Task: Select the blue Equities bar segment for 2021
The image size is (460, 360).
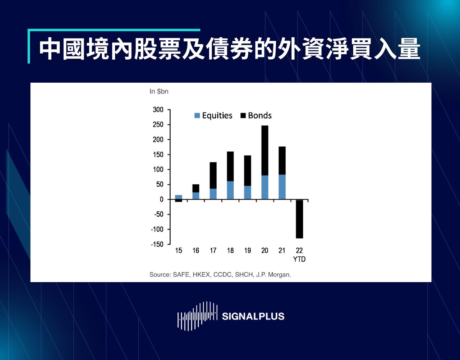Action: pos(282,187)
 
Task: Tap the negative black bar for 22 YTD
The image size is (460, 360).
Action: pos(299,219)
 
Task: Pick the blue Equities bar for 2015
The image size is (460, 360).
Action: pos(179,197)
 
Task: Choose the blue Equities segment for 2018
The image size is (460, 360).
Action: pos(230,190)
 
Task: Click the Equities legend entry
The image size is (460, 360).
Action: pos(213,116)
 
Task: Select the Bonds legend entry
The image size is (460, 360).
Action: pos(256,116)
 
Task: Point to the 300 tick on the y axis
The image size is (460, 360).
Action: pos(158,110)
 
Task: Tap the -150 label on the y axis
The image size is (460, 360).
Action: pos(157,244)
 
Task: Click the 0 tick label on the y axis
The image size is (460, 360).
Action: pos(161,199)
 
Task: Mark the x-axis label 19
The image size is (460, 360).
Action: pos(248,251)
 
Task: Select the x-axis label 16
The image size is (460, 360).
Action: pos(196,251)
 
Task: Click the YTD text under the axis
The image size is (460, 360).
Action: pos(299,259)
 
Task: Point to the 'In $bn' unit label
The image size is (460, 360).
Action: pos(159,92)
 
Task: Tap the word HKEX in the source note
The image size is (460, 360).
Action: pos(202,275)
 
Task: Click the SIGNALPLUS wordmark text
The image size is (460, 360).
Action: pos(253,317)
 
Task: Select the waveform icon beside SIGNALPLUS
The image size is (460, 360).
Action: pos(197,316)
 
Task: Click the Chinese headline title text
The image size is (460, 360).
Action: pos(230,49)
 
